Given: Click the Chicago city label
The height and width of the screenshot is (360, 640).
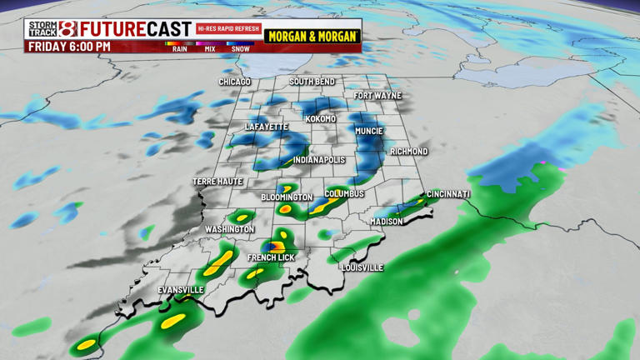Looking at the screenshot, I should tap(235, 82).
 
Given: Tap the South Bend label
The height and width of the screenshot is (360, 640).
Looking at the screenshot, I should tap(312, 82).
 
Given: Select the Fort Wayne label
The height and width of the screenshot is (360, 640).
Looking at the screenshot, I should tap(377, 96).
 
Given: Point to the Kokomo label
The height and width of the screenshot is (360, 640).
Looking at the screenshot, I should tap(321, 119).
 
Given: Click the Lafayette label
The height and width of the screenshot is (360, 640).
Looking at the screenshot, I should tap(266, 127).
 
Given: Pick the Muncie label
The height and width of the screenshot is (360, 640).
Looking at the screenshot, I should tap(369, 131).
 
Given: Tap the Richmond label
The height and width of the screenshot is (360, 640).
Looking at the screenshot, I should tap(409, 152).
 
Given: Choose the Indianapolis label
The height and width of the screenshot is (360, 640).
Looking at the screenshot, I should tap(319, 160).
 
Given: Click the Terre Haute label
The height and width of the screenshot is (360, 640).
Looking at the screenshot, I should tap(217, 182).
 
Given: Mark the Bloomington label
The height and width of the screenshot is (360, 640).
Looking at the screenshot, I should tap(287, 197).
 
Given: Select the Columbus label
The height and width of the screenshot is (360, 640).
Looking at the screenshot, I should tap(344, 194).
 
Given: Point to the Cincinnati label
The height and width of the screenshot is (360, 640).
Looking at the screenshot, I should tap(448, 194).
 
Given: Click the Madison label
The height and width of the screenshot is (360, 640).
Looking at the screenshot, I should tap(387, 222).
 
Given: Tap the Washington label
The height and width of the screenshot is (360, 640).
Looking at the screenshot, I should tap(229, 229).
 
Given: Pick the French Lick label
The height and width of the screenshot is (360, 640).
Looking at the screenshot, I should tap(271, 258).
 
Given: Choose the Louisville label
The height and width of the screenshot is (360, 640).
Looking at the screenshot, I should tap(362, 267).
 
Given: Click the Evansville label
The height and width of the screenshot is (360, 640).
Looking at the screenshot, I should tap(181, 290).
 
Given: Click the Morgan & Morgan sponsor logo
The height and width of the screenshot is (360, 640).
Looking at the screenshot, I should tap(312, 37).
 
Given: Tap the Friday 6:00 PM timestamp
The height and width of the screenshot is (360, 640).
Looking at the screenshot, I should tap(69, 47).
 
